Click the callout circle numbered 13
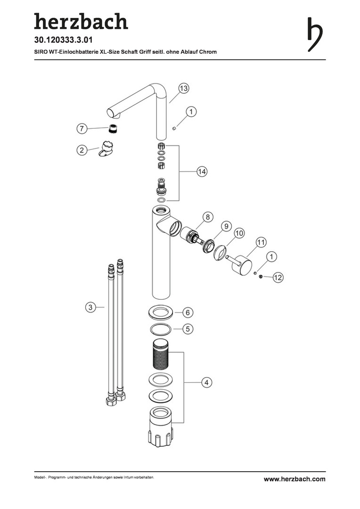184,88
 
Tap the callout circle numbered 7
82,129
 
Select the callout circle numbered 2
82,150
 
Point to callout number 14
202,172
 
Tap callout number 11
261,242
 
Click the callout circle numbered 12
278,278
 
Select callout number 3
90,307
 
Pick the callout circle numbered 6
188,312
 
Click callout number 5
188,329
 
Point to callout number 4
206,382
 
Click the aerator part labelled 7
113,128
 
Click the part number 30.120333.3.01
63,40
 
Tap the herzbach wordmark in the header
81,21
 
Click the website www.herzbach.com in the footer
295,479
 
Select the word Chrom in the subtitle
208,52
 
